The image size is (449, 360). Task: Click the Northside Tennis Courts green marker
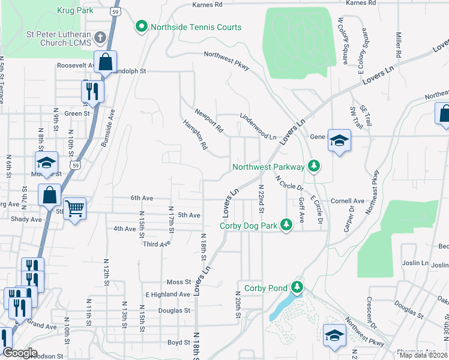coord(142,26)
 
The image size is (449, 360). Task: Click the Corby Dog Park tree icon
coord(287,224)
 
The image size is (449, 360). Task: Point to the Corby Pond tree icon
coord(297,287)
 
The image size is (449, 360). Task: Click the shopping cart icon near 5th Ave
coord(74,208)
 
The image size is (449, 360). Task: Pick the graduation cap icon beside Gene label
coord(339,140)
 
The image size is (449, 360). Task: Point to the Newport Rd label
coord(209,121)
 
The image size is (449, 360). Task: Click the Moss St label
coord(178,281)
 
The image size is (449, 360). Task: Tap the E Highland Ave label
coord(167,294)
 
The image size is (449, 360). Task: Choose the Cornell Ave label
coord(348,201)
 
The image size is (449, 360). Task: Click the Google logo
coord(20,353)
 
